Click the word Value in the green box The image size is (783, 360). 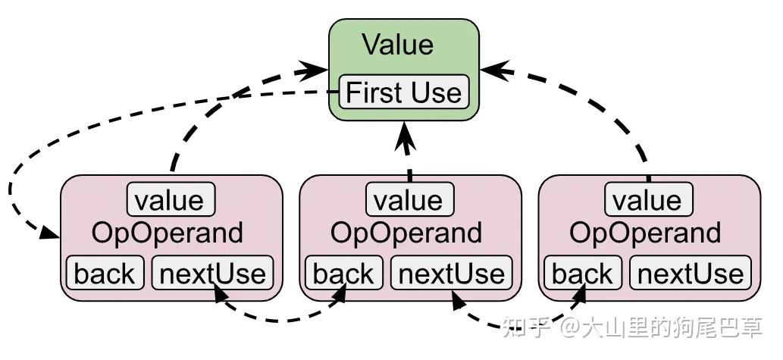coord(397,44)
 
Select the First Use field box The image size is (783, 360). coord(403,92)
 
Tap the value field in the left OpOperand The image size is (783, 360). coord(171,200)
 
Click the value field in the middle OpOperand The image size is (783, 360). coord(410,200)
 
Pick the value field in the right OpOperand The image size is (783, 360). coord(649,200)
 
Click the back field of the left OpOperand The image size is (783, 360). coord(105,274)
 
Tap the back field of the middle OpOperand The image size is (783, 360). coord(344,274)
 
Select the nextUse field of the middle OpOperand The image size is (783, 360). coord(451,274)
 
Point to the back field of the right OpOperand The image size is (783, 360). coord(583,274)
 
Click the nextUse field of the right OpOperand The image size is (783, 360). coord(690,274)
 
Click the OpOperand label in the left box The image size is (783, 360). coord(168,233)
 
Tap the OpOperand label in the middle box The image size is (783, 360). coord(406,233)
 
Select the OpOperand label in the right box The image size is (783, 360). coord(645,233)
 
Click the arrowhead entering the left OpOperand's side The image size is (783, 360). coord(51,235)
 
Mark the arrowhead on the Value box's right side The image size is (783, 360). coord(490,70)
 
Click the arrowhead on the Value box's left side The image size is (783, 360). coord(319,70)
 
